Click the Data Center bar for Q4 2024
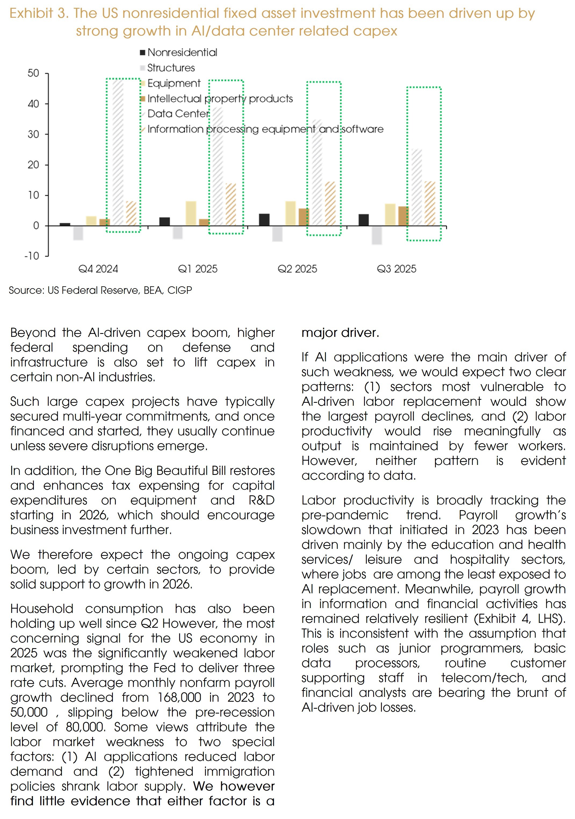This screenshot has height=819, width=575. pos(118,153)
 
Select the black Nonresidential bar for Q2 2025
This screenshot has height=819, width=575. pos(264,220)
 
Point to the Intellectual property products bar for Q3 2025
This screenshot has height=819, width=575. pos(403,216)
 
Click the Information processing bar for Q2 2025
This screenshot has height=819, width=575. pos(330,204)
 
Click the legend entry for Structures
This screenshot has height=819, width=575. pos(171,68)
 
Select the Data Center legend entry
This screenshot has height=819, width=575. pos(178,114)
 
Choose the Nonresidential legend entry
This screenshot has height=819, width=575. pos(182,52)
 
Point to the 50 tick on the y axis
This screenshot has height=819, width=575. pos(34,73)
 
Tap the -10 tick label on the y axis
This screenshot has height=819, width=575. pos(32,256)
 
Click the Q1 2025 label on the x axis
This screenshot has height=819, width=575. pos(198,269)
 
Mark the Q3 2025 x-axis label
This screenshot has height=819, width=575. pos(397,269)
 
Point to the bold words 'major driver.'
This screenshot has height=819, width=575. pos(340,333)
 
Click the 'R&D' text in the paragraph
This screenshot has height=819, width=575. pos(261,500)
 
